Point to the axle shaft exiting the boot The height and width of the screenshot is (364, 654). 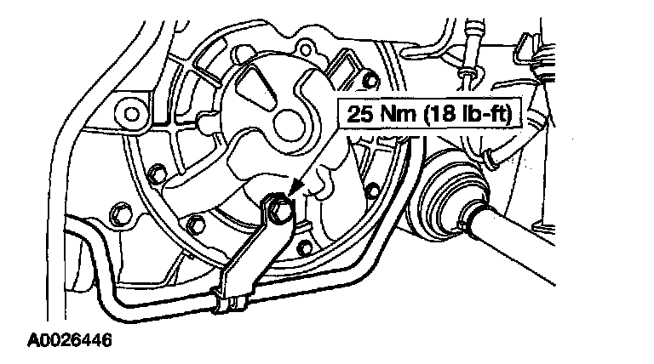tap(554, 255)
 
